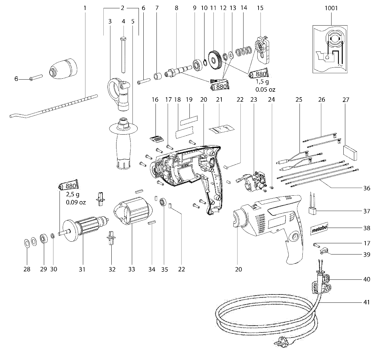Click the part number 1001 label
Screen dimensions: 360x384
point(331,8)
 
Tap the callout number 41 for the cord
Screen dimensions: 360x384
point(366,302)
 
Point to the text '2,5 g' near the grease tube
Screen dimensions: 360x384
point(72,194)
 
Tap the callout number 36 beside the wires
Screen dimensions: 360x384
point(366,188)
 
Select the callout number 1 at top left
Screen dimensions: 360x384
point(85,8)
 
